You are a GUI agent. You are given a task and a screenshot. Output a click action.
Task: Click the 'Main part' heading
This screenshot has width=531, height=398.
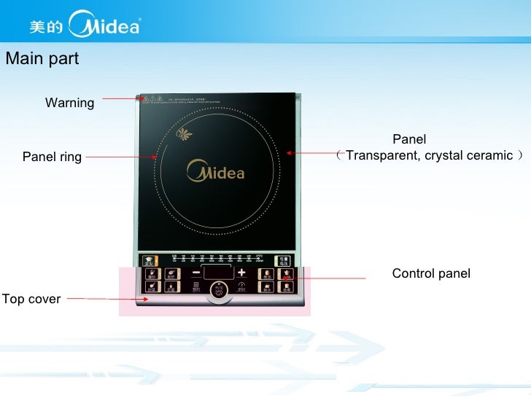tap(42, 59)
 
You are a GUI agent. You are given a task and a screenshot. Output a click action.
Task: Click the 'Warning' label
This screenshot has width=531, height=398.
tap(69, 103)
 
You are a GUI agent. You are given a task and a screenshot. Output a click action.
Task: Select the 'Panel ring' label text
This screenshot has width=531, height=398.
tap(52, 157)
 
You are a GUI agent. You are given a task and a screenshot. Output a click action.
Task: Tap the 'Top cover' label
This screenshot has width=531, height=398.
tap(31, 299)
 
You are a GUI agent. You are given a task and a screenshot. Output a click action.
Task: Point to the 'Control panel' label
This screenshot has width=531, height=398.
tap(431, 273)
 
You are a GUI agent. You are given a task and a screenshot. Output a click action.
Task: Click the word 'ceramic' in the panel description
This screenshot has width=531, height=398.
tap(491, 155)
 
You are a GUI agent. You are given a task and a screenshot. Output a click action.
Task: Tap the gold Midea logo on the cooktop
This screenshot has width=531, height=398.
tap(216, 172)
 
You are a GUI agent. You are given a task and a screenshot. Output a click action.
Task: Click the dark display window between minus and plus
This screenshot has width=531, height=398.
tap(217, 272)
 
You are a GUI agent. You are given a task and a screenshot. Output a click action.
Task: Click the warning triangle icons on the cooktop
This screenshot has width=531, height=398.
tap(146, 98)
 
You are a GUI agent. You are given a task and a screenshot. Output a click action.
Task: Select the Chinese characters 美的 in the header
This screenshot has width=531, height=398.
tap(45, 28)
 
